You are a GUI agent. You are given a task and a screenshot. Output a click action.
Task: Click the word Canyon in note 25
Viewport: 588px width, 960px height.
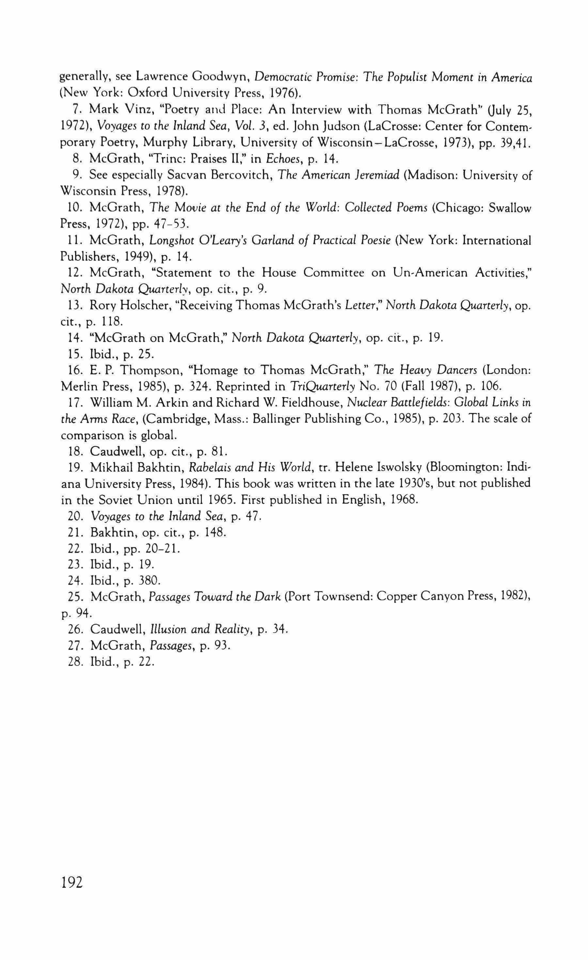point(433,597)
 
